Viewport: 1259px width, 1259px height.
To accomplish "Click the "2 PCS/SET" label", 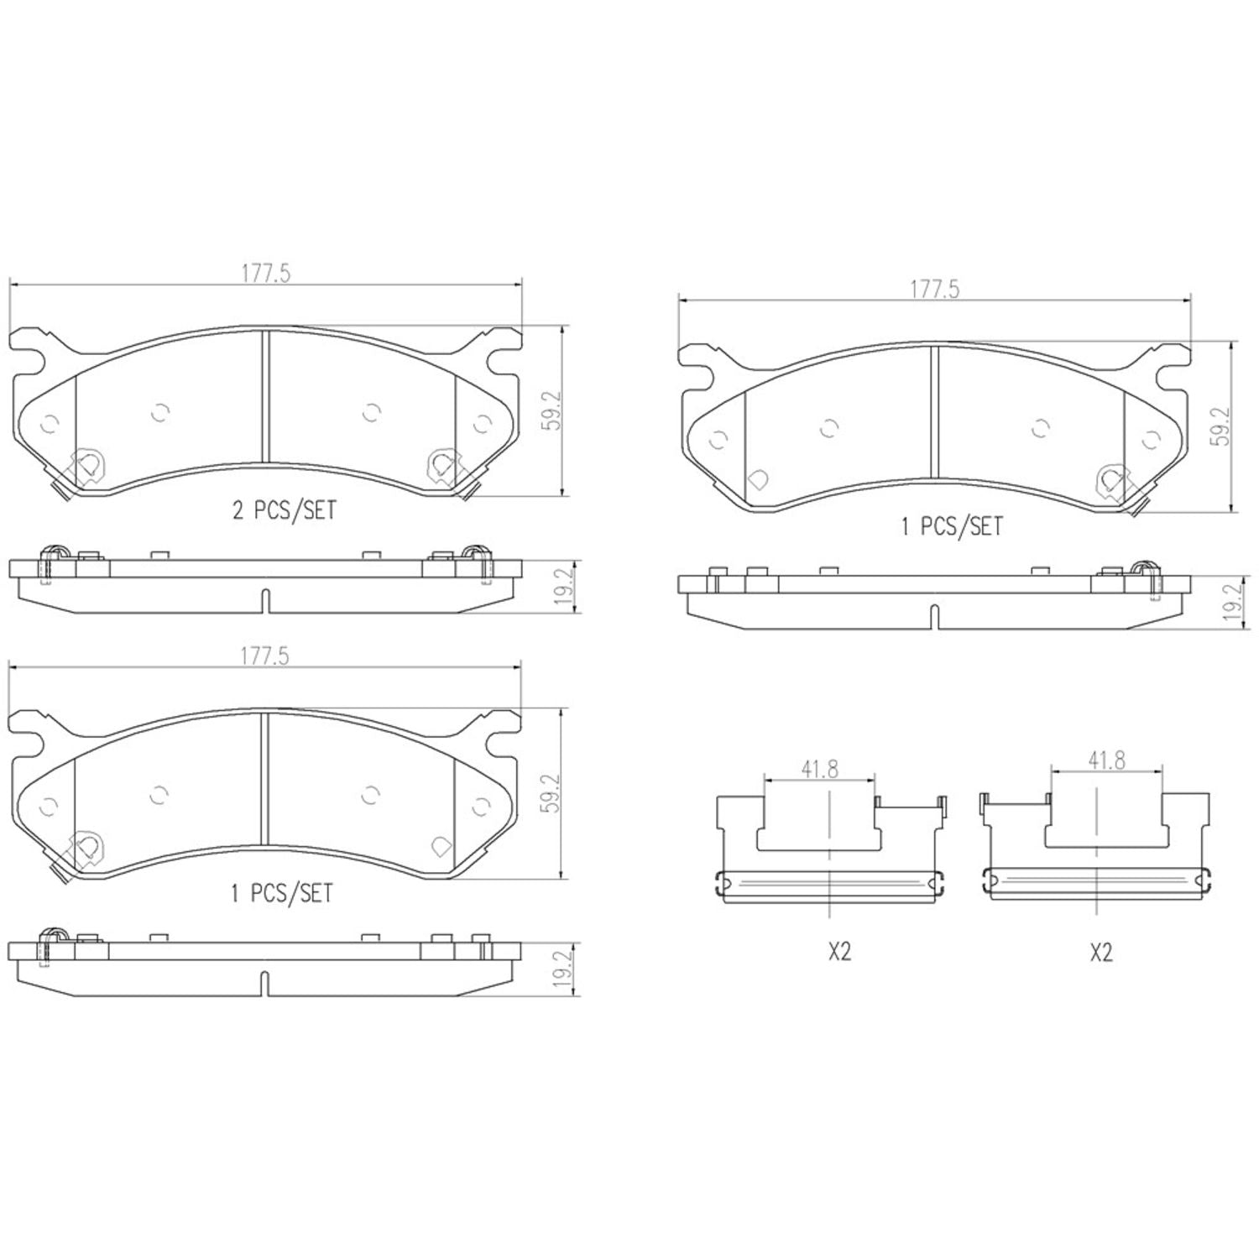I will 284,509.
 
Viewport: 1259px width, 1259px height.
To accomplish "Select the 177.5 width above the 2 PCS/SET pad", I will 265,274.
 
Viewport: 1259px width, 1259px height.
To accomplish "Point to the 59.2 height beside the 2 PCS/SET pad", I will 551,412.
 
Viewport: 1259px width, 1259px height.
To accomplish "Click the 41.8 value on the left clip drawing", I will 819,769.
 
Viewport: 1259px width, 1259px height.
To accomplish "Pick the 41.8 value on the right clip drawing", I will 1106,760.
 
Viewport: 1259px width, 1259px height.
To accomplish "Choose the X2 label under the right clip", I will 1100,952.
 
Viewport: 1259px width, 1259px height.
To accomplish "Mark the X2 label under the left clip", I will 839,952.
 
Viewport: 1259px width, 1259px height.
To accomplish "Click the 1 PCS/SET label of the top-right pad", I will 952,526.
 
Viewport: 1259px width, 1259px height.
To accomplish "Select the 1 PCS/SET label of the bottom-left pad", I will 282,893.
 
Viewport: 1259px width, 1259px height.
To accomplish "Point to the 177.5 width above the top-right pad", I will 934,290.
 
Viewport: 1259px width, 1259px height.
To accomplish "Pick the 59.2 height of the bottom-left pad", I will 551,793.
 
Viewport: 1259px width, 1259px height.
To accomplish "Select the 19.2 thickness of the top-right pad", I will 1232,603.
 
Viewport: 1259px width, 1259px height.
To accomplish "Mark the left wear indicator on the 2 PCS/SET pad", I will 86,466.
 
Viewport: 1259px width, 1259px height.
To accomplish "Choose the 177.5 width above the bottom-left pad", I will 265,656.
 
